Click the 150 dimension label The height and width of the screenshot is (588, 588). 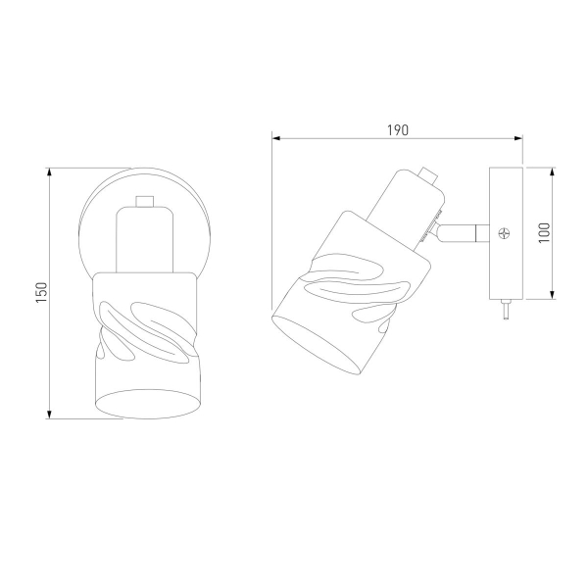click(x=41, y=293)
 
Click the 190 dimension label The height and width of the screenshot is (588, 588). click(x=398, y=130)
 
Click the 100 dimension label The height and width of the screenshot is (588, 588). click(x=544, y=232)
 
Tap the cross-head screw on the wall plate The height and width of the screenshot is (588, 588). click(x=504, y=233)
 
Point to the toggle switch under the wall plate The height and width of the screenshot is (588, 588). click(x=506, y=309)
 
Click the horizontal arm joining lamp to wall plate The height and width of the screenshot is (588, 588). click(x=464, y=233)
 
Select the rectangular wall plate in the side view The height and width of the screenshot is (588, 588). click(x=506, y=233)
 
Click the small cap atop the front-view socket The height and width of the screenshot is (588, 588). click(x=145, y=201)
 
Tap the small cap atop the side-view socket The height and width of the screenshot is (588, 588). click(x=428, y=175)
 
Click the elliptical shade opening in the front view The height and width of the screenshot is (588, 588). click(x=146, y=404)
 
